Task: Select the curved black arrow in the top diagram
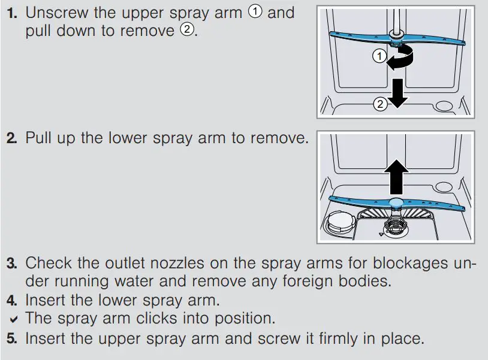point(397,59)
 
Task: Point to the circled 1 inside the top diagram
point(378,57)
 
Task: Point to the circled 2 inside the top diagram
point(379,104)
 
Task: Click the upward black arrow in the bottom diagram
point(396,174)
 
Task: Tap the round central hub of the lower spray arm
point(396,203)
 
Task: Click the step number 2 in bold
point(11,138)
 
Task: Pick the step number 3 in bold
point(11,263)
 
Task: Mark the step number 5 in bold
point(11,338)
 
